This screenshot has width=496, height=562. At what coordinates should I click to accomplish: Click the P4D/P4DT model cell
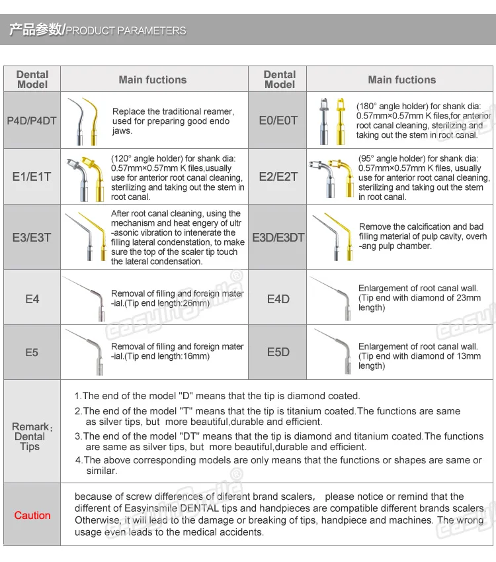tap(32, 120)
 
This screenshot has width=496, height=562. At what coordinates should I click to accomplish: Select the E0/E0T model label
tap(278, 120)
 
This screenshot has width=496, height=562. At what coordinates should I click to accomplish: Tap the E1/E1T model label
tap(32, 177)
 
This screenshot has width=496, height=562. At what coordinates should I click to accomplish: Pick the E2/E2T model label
tap(278, 177)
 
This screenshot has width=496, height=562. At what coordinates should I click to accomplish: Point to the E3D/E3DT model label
tap(278, 237)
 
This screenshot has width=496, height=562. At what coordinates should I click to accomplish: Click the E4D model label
tap(278, 299)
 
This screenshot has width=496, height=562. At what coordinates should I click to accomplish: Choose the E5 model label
tap(32, 352)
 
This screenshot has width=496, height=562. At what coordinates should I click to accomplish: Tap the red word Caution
tap(32, 515)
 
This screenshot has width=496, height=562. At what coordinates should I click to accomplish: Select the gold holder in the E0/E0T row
tap(341, 121)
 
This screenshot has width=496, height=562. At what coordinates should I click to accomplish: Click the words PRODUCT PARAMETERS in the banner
tap(126, 30)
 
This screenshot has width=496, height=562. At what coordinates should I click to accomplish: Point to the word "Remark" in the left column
tap(30, 426)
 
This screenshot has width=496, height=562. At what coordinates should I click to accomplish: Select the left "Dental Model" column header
tap(32, 79)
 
